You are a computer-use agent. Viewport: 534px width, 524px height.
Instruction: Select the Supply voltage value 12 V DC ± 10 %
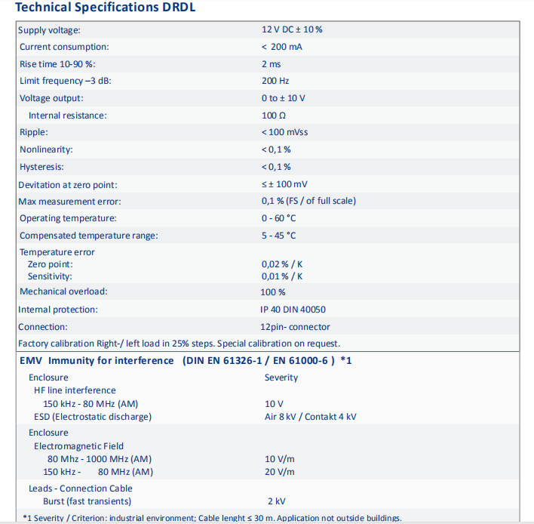[292, 29]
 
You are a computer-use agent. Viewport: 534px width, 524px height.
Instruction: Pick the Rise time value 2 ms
[271, 64]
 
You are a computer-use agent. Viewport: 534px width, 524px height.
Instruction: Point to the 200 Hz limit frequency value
[275, 81]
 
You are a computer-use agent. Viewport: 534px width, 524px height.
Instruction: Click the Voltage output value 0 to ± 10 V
[283, 98]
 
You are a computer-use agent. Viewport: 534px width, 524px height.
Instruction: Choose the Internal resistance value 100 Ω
[274, 116]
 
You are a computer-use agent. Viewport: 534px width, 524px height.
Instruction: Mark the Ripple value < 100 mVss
[284, 132]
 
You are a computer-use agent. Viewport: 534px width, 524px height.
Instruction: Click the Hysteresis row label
[41, 167]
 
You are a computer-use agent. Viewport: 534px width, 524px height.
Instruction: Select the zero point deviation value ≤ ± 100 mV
[284, 184]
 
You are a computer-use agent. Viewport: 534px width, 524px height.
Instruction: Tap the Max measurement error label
[70, 202]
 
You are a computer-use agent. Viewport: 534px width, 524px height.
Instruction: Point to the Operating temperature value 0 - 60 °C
[279, 218]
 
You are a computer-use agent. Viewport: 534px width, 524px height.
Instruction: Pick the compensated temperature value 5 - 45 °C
[279, 236]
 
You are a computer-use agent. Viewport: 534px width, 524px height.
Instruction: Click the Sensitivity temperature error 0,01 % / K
[282, 276]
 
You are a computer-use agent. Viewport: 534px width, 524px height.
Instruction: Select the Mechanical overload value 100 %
[273, 291]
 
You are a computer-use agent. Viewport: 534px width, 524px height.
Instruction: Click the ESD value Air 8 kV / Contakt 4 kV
[311, 417]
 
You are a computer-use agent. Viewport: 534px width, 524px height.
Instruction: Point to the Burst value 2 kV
[276, 501]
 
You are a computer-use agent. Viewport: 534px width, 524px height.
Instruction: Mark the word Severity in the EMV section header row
[283, 378]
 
